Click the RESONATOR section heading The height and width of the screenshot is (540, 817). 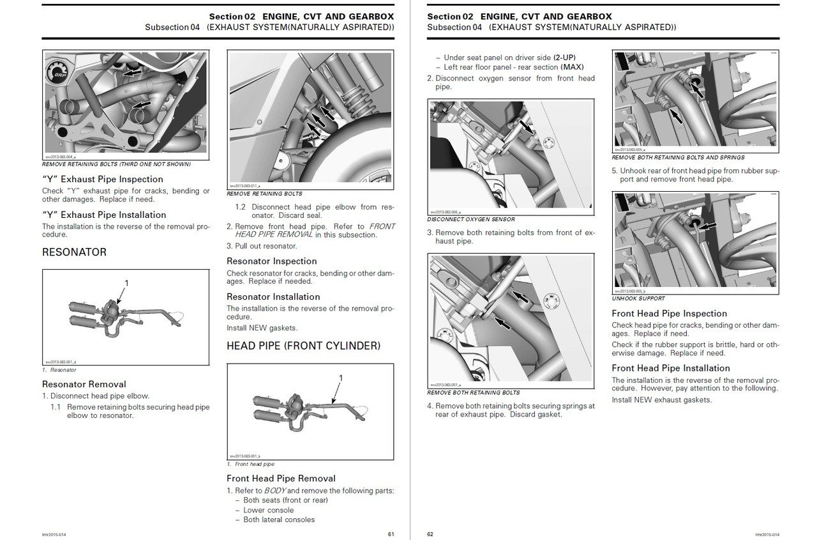[x=74, y=252]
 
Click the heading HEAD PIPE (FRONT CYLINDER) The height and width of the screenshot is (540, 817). [x=303, y=346]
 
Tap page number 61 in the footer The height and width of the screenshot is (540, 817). [x=391, y=534]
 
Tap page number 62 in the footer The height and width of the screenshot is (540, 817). [x=430, y=534]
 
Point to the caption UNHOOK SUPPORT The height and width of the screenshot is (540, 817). [x=638, y=298]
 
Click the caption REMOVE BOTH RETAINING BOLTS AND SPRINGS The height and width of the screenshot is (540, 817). [x=678, y=157]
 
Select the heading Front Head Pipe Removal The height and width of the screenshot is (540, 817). [x=281, y=478]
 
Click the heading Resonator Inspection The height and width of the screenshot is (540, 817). [x=272, y=261]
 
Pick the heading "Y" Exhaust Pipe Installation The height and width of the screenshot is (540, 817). [x=104, y=215]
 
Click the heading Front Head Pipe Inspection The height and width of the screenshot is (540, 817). [x=669, y=313]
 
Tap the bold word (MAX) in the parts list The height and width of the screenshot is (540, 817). [x=572, y=67]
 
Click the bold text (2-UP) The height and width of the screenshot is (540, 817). [x=565, y=58]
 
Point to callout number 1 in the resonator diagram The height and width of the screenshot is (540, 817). [x=126, y=282]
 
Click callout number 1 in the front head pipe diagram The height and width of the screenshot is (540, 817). [x=341, y=378]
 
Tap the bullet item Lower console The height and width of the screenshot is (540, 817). [x=269, y=510]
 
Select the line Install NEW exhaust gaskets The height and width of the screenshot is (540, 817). [x=661, y=400]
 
